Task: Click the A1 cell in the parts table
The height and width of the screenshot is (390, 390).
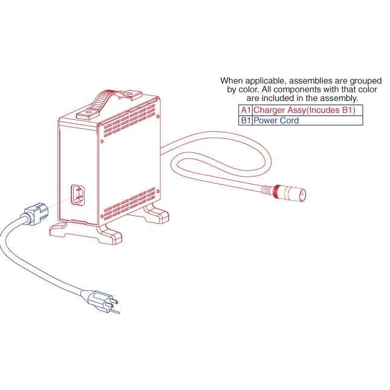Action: point(245,110)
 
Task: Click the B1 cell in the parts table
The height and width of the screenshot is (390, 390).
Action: point(245,120)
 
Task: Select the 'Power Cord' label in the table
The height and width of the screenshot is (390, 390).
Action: point(276,120)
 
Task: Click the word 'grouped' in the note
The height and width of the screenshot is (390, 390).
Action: point(366,81)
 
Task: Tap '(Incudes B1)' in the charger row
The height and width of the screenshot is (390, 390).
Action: point(330,110)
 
